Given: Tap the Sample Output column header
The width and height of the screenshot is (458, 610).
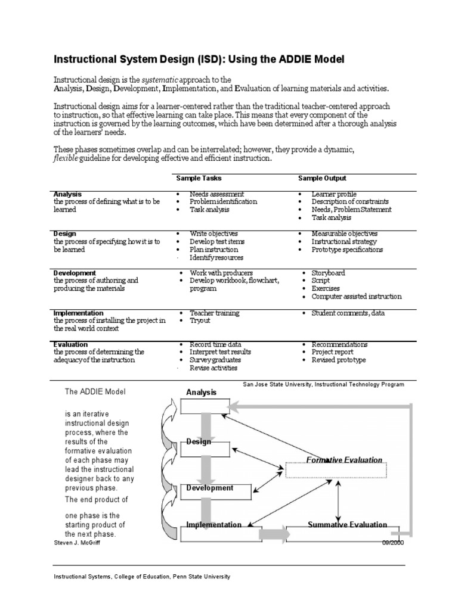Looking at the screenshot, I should point(322,178).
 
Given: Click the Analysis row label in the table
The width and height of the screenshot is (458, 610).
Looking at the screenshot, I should point(67,194).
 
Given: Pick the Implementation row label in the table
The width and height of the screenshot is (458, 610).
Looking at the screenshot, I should point(78,313).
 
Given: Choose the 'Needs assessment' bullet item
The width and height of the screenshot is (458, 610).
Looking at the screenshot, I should point(216,194).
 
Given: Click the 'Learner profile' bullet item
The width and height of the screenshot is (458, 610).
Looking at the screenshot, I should point(334,194).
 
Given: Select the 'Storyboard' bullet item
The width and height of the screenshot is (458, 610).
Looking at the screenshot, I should point(328,273).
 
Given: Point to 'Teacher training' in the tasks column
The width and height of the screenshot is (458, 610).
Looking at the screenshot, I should point(215,313).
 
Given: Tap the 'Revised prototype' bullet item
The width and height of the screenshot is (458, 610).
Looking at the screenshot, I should point(339,360).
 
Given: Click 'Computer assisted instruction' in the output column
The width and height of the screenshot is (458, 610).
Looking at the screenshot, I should point(357,296).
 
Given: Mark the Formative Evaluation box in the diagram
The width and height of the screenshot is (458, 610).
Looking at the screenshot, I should point(345,469).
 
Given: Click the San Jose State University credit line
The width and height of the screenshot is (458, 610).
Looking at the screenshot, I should point(323,385).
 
